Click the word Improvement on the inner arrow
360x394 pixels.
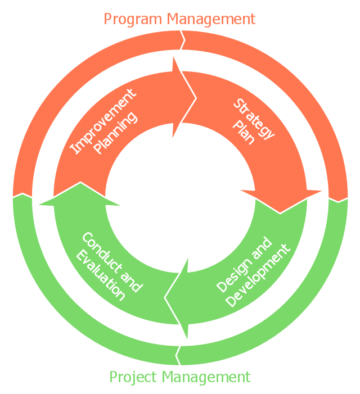coord(102,121)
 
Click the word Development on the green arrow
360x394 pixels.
coord(259,275)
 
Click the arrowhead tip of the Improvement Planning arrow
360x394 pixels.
coord(196,99)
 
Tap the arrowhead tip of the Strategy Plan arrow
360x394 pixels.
coord(281,212)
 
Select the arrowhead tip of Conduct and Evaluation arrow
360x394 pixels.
coord(81,183)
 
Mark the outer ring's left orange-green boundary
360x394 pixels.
coord(22,196)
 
